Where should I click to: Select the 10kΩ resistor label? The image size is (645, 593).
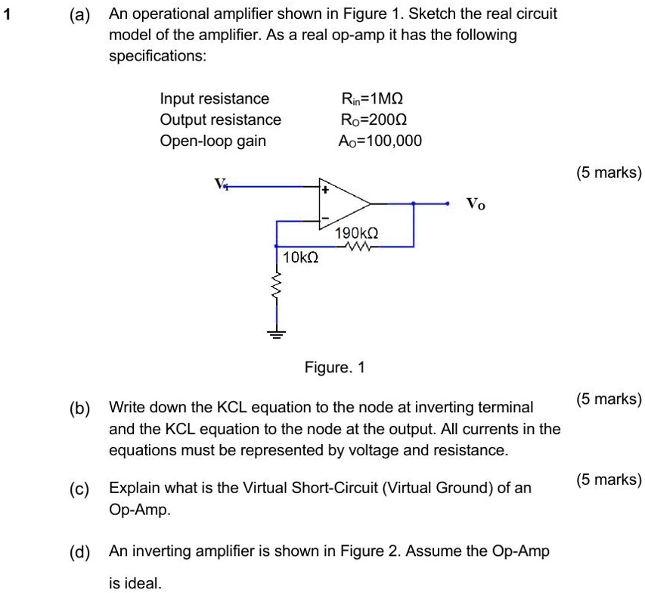(x=299, y=258)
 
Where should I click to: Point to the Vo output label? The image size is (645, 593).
(x=476, y=203)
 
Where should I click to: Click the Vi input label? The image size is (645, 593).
(x=221, y=184)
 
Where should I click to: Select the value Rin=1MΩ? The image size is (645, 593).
(x=373, y=98)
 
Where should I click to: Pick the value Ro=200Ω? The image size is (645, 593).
(x=374, y=120)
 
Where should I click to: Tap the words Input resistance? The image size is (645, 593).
(x=215, y=98)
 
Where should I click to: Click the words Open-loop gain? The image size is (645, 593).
(x=212, y=141)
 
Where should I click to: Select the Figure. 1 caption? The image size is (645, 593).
(x=334, y=368)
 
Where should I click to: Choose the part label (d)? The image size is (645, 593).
(x=79, y=551)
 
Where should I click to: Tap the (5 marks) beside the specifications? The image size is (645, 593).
(x=608, y=172)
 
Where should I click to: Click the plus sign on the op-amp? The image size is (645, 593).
(x=325, y=191)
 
